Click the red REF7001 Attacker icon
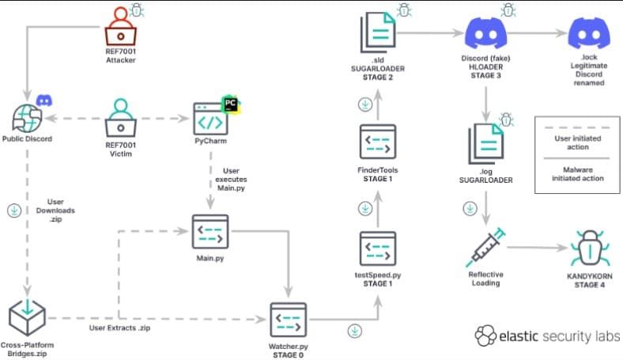tap(121, 26)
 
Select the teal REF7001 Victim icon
tap(121, 118)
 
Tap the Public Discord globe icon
tap(27, 118)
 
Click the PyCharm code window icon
tap(210, 119)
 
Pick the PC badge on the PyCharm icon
tap(230, 104)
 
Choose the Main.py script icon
tap(210, 232)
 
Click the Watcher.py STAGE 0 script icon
tap(288, 320)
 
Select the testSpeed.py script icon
tap(378, 248)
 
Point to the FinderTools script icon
tap(378, 142)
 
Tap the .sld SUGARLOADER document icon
tap(378, 32)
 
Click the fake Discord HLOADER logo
tap(485, 33)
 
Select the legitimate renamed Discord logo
tap(589, 33)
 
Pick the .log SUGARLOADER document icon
tap(486, 144)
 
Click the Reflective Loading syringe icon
tap(485, 247)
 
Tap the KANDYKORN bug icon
tap(590, 248)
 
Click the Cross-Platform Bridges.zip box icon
tap(27, 318)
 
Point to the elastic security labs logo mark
tap(485, 335)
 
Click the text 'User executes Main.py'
tap(231, 180)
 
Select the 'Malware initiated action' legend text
tap(578, 174)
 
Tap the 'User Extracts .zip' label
tap(119, 328)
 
